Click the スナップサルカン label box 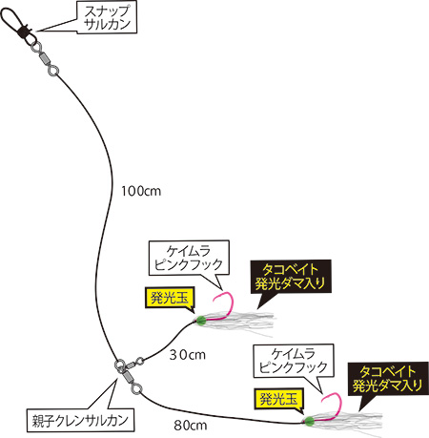click(107, 18)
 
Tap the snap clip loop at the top click(10, 18)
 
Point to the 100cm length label click(141, 191)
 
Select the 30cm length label click(187, 355)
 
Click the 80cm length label click(191, 426)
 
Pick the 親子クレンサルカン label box click(80, 420)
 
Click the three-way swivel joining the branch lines click(128, 375)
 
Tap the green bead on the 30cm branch click(201, 321)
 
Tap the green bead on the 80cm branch click(308, 422)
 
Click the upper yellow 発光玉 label click(170, 298)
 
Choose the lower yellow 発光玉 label click(278, 398)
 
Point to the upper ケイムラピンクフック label click(189, 258)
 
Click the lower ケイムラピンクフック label click(294, 361)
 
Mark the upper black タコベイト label click(291, 276)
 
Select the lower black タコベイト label click(388, 379)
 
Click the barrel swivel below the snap click(45, 58)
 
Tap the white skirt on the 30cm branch click(241, 322)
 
